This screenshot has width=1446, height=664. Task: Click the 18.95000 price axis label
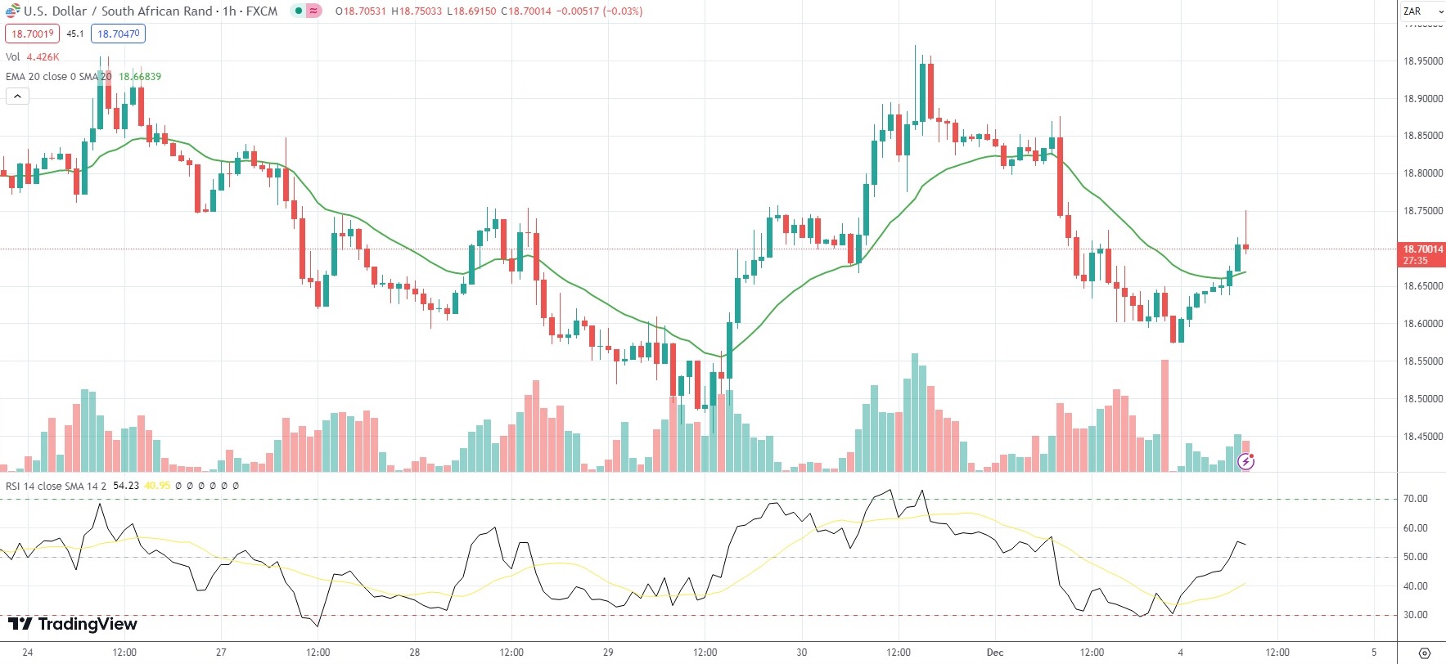(x=1422, y=61)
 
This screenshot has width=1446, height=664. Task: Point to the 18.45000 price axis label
(x=1422, y=437)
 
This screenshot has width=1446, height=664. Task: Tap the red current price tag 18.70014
(x=1422, y=249)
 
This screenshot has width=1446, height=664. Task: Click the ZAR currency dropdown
(x=1422, y=11)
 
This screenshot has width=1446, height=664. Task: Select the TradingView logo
(x=73, y=624)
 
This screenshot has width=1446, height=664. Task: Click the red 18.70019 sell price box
(x=32, y=34)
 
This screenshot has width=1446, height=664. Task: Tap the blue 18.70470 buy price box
(x=119, y=34)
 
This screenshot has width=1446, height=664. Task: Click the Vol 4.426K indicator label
(x=33, y=57)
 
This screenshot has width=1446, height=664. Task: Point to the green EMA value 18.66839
(x=140, y=77)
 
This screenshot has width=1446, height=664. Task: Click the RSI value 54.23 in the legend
(x=126, y=486)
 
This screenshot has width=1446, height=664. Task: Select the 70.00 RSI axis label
(x=1415, y=499)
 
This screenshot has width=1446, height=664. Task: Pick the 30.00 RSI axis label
(x=1415, y=615)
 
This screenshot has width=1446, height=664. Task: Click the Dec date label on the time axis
(x=995, y=653)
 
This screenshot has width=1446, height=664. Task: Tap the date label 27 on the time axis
(x=221, y=653)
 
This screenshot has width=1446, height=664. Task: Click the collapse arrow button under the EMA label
(x=17, y=96)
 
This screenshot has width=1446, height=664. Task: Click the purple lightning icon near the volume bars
(x=1246, y=462)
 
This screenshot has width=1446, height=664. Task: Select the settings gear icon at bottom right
(x=1425, y=653)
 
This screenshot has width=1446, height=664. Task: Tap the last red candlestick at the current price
(x=1246, y=246)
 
